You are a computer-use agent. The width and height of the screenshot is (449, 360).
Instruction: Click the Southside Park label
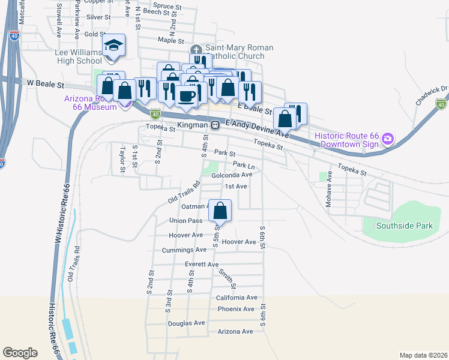coord(404,226)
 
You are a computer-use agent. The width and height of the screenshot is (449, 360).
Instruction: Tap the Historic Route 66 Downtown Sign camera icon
coord(387,139)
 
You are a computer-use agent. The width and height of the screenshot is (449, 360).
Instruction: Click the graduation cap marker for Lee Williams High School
coord(112,46)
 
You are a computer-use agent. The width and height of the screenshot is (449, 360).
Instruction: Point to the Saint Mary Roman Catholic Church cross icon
coord(195,50)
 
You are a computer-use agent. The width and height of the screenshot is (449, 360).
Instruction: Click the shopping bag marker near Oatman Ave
coord(220,211)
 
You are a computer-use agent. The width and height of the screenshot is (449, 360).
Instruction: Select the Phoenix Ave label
coord(237,309)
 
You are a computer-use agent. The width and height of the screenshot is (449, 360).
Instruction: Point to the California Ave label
coord(237,298)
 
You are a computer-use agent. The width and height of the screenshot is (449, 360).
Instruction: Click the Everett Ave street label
coord(202,264)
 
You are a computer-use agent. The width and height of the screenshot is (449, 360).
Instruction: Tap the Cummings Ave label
coord(184,250)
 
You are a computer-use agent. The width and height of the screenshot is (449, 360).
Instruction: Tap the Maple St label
coord(170,40)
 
